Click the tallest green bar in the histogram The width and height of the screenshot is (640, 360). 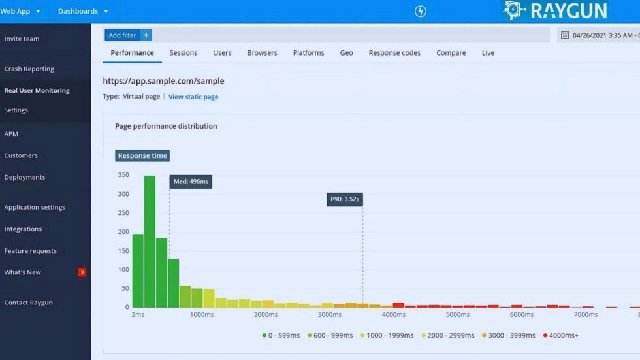point(150,242)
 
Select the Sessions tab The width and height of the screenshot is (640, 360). point(184,53)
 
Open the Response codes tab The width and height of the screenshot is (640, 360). point(394,53)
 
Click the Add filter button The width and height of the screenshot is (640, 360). point(128,35)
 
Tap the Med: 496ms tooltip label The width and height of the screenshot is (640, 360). point(191,182)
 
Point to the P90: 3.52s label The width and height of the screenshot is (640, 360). point(344,200)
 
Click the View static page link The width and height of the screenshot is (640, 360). point(193,97)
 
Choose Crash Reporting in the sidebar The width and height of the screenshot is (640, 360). point(29,69)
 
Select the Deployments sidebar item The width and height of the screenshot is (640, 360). point(25,177)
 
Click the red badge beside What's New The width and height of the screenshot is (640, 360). point(82,272)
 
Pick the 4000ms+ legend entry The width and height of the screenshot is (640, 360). point(562,335)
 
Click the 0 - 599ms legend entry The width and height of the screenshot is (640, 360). point(281,335)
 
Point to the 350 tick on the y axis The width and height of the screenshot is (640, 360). point(123,175)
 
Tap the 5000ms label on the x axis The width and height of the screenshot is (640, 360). point(457,314)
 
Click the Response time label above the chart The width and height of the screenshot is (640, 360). point(142,155)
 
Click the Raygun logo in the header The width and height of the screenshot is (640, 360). point(555,10)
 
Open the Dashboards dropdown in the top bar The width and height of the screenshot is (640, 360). point(83,11)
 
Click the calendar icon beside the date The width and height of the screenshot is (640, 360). point(565,35)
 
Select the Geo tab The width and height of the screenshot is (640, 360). point(346,53)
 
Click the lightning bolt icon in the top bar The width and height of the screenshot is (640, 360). point(421,11)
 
